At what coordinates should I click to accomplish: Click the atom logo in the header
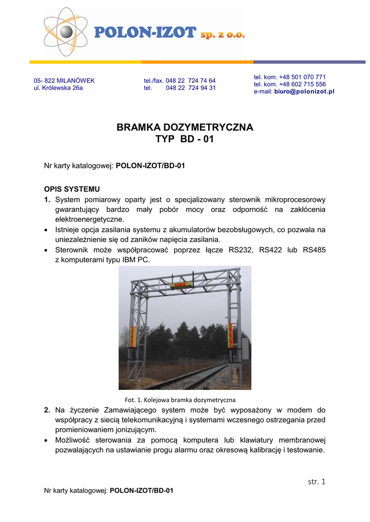tap(65, 32)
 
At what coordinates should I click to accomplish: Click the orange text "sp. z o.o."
tap(223, 34)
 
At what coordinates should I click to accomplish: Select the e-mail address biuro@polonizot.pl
tap(304, 91)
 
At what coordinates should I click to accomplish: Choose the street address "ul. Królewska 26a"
tap(58, 88)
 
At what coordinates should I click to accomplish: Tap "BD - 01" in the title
tap(197, 139)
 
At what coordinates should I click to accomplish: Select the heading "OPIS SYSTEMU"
tap(68, 189)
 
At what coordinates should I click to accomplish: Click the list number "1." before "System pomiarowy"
tap(47, 199)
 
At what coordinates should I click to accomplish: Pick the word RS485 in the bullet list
tap(313, 250)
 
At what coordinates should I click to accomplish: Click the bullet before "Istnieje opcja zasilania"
tap(46, 230)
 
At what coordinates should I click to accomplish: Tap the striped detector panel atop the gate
tap(182, 284)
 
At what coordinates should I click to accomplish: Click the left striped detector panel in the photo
tap(134, 336)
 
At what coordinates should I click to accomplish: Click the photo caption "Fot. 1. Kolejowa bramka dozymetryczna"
tap(180, 399)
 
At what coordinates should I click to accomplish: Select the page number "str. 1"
tap(316, 481)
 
